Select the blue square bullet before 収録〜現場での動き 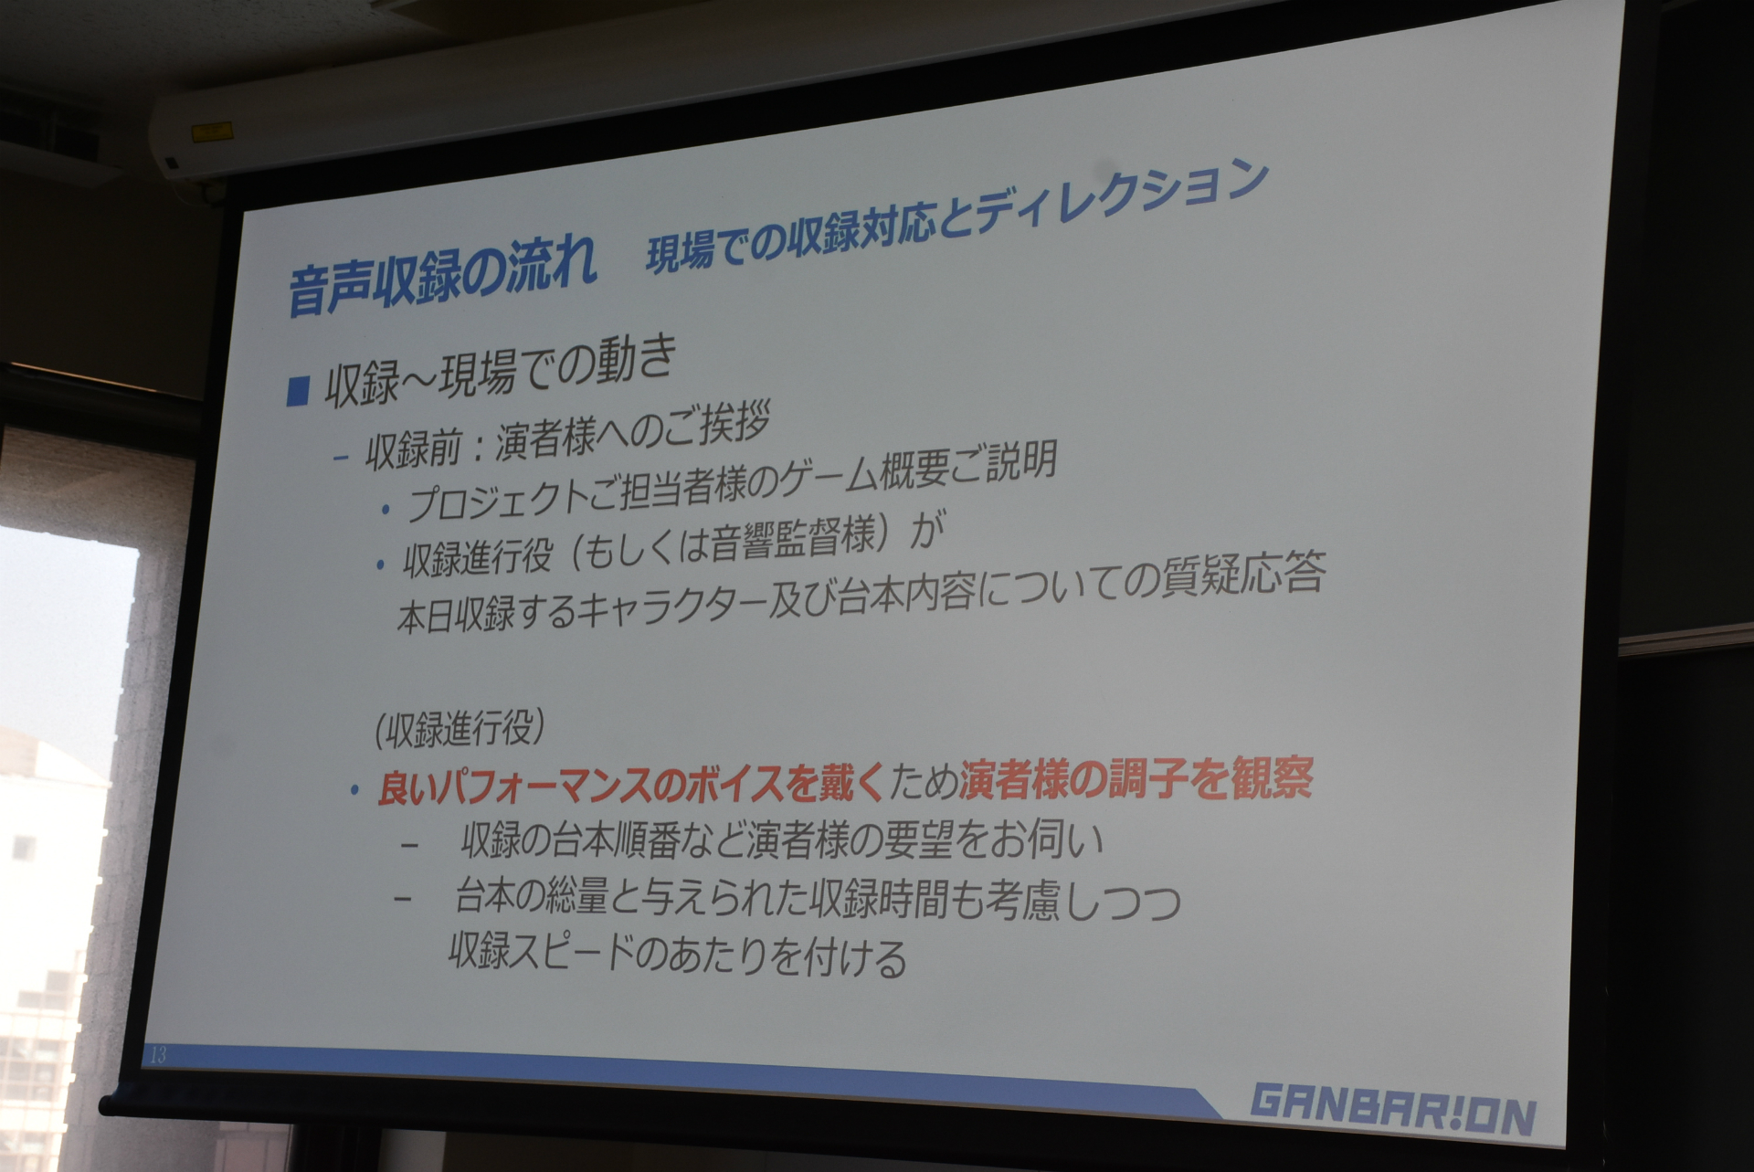pyautogui.click(x=298, y=392)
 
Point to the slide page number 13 pyautogui.click(x=158, y=1056)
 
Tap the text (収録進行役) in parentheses pyautogui.click(x=460, y=731)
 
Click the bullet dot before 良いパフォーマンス pyautogui.click(x=354, y=792)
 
